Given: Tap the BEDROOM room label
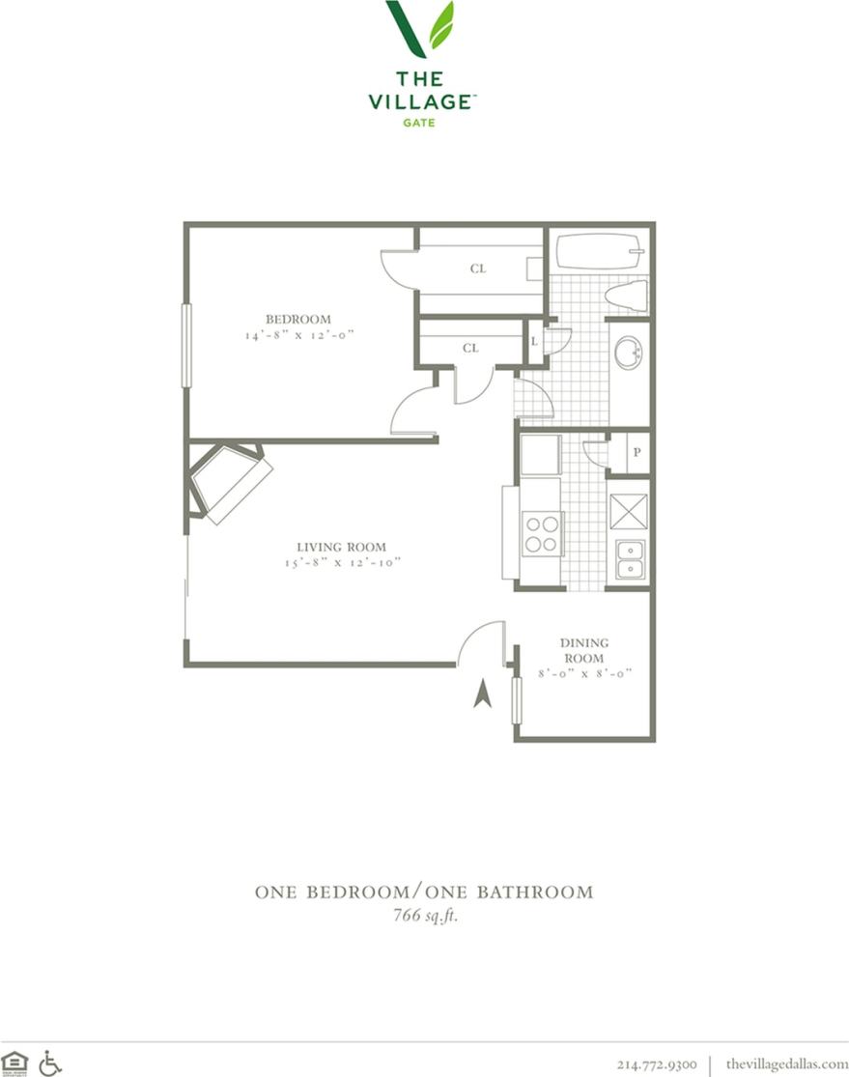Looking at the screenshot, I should pyautogui.click(x=298, y=320).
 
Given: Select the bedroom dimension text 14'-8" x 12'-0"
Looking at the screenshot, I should pyautogui.click(x=299, y=335).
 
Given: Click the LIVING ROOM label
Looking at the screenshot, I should pyautogui.click(x=342, y=547).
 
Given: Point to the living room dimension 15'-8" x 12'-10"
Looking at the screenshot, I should pyautogui.click(x=342, y=562).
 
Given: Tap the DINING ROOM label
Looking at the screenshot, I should pyautogui.click(x=584, y=650).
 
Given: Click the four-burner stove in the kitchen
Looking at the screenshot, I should pyautogui.click(x=542, y=534).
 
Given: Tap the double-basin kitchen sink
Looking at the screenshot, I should pyautogui.click(x=631, y=558).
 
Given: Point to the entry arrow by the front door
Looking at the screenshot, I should pyautogui.click(x=483, y=694).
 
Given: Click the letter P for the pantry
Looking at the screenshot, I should pyautogui.click(x=637, y=453).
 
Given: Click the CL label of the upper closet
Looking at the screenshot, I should pyautogui.click(x=477, y=269).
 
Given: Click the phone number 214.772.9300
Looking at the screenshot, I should pyautogui.click(x=657, y=1063).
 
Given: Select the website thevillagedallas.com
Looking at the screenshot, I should pyautogui.click(x=786, y=1063).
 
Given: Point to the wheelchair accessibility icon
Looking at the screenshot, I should pyautogui.click(x=49, y=1063).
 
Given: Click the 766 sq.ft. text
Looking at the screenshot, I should pyautogui.click(x=423, y=916).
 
